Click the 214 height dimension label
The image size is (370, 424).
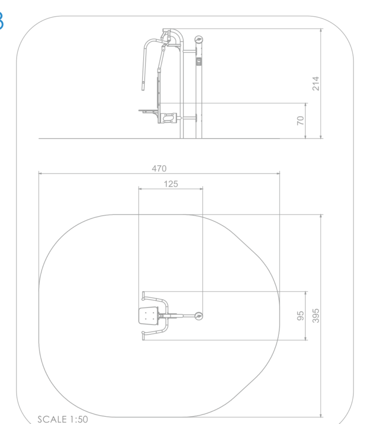click(316, 83)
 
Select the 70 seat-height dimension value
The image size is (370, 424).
click(300, 120)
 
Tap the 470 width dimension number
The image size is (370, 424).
click(159, 169)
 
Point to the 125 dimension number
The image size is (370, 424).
click(171, 184)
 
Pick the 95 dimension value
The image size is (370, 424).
click(301, 316)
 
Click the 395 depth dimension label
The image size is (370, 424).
click(316, 316)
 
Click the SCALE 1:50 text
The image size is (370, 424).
click(63, 419)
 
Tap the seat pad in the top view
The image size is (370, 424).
click(148, 316)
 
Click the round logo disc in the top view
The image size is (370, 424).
click(199, 316)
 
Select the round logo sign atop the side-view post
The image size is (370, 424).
click(199, 40)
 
